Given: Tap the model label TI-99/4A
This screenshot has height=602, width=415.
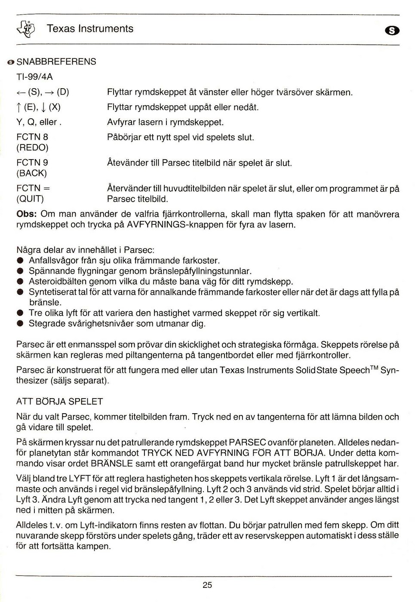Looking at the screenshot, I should [x=34, y=77].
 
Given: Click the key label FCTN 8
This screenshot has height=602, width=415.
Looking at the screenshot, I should [x=32, y=137].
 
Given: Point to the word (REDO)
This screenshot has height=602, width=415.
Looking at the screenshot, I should [x=32, y=147].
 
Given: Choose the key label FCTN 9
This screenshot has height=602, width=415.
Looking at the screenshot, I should [x=32, y=163].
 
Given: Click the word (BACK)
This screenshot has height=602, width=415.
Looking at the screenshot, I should [x=31, y=173].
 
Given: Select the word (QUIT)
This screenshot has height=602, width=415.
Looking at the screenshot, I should [x=30, y=199].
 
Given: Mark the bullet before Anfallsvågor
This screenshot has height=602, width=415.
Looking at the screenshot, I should [x=19, y=261].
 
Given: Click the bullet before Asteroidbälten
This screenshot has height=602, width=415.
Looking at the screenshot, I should [x=19, y=282].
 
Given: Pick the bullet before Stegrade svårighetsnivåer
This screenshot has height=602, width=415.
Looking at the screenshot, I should [x=19, y=323].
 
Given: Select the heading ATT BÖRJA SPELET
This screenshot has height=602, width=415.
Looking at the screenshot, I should [x=59, y=402].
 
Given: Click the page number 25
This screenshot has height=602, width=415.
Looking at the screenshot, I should [x=207, y=585].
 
